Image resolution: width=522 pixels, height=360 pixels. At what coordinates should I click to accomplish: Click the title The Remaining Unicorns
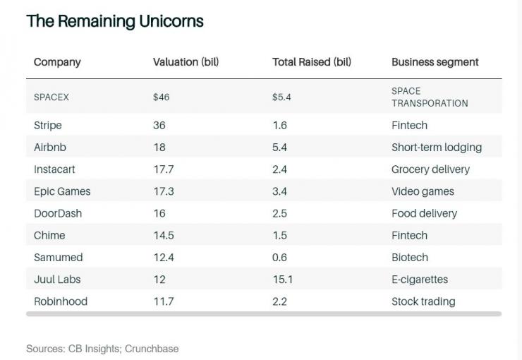[x=114, y=21]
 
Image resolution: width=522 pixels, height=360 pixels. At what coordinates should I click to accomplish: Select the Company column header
[x=57, y=62]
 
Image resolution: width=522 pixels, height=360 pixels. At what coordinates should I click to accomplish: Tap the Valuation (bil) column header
[x=186, y=62]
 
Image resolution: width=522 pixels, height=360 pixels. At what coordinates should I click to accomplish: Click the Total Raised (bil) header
[x=312, y=62]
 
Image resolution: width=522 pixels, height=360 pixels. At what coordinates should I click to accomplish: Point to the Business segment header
[x=435, y=62]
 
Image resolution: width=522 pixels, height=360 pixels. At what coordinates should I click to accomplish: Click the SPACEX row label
[x=51, y=97]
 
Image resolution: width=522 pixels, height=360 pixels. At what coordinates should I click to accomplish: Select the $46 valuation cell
[x=161, y=97]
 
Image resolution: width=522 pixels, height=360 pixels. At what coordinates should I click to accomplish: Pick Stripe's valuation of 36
[x=159, y=126]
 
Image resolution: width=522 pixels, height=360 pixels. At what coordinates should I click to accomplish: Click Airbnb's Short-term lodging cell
[x=437, y=148]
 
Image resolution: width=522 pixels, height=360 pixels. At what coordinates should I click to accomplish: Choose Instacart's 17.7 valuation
[x=163, y=169]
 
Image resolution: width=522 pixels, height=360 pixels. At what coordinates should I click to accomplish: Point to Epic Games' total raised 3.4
[x=280, y=191]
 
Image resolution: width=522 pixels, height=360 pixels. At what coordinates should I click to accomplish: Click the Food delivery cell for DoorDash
[x=424, y=213]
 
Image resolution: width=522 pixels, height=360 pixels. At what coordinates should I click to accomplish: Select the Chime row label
[x=49, y=235]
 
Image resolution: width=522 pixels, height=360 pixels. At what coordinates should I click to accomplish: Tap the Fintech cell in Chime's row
[x=409, y=235]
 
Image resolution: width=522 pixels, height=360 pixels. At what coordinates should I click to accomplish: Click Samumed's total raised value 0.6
[x=280, y=258]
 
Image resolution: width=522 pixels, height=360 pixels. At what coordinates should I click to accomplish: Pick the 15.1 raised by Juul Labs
[x=282, y=280]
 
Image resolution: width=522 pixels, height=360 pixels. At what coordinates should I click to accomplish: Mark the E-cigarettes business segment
[x=420, y=280]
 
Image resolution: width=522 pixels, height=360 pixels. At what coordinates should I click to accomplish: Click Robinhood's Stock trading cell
[x=423, y=301]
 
